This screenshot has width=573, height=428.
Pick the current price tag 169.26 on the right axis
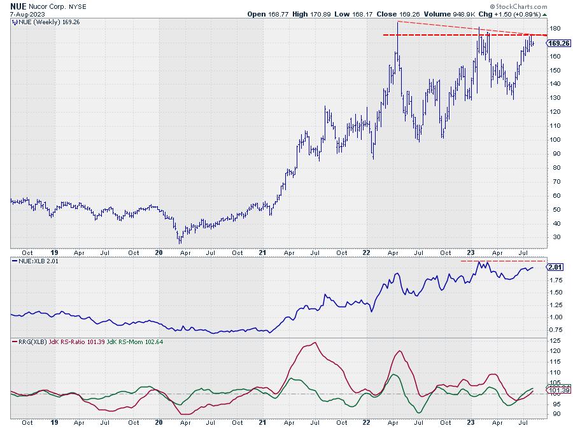coord(558,43)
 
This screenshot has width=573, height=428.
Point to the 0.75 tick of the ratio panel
coord(555,329)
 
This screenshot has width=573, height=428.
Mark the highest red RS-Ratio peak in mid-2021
coord(314,343)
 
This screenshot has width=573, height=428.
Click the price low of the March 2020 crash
coord(180,243)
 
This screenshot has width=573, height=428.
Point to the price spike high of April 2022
coord(397,22)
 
